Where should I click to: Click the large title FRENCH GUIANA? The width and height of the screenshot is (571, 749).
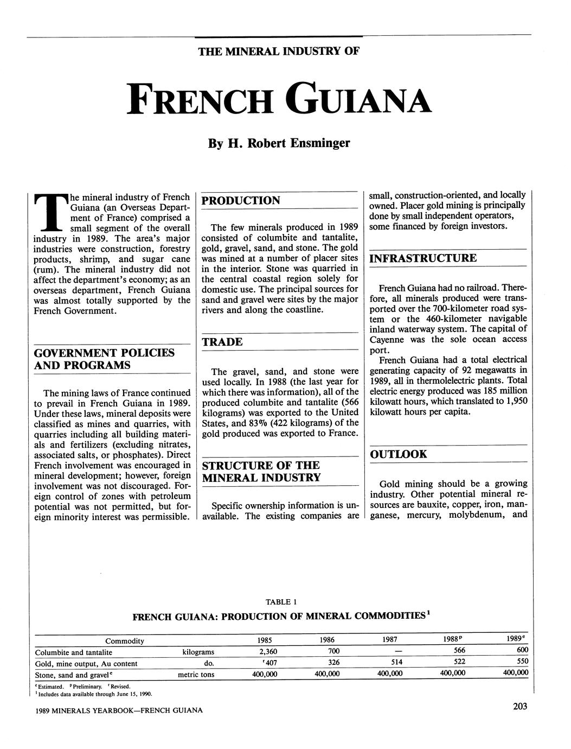[279, 99]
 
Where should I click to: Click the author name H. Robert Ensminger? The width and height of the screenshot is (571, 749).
[279, 143]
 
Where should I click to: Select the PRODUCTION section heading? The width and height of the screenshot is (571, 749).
[241, 200]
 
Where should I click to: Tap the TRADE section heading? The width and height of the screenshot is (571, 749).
[222, 342]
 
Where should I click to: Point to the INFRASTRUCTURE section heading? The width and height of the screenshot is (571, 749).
[423, 258]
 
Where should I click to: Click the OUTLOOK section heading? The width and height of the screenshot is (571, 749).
[399, 454]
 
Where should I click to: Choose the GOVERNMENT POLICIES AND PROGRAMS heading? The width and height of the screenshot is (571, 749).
[104, 359]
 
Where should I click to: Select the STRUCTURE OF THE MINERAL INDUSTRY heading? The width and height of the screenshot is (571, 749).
[261, 471]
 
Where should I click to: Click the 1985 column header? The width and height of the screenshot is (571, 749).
[265, 640]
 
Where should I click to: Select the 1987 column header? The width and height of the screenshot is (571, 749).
[389, 640]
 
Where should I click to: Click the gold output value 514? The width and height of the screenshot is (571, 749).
[390, 663]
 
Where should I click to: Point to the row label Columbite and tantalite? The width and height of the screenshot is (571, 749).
[73, 652]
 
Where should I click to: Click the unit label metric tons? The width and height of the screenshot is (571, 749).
[196, 675]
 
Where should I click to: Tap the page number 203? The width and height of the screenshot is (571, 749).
[519, 706]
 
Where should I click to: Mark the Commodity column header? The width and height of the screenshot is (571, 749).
[125, 641]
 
